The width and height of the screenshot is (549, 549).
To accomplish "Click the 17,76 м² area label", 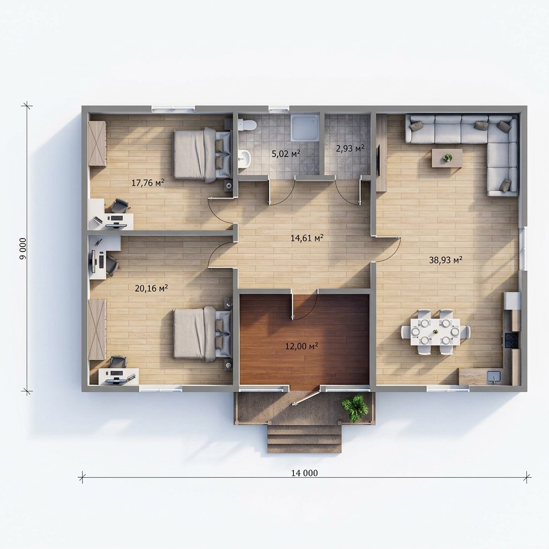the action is tap(148, 182).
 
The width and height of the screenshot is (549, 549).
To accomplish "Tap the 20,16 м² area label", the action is tap(151, 288).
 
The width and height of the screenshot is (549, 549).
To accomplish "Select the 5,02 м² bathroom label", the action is tap(286, 153).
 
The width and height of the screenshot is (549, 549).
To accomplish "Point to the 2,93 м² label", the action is tap(350, 149).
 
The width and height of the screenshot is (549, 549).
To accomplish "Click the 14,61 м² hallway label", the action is tap(307, 238).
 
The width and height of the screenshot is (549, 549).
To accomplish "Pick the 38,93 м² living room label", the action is tap(446, 260).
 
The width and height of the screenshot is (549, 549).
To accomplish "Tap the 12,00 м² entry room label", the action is tap(301, 346).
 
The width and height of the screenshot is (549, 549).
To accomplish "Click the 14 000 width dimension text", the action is tap(305, 473).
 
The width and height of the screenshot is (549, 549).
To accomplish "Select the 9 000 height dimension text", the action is tap(23, 249).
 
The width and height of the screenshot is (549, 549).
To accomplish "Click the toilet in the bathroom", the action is tap(247, 125).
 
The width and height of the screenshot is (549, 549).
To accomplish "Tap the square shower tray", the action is tap(305, 128).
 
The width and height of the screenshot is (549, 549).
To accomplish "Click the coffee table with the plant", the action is tap(447, 158).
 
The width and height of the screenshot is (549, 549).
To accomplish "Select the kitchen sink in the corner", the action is tap(494, 377).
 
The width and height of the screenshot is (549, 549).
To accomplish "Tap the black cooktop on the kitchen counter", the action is tap(511, 340).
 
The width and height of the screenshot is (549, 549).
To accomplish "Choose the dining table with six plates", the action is tap(435, 331).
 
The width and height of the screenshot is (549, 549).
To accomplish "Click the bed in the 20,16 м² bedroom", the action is tap(202, 333).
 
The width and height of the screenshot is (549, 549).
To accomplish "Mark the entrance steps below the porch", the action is tap(305, 439).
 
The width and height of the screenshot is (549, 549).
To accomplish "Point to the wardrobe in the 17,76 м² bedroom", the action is tap(97, 143).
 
